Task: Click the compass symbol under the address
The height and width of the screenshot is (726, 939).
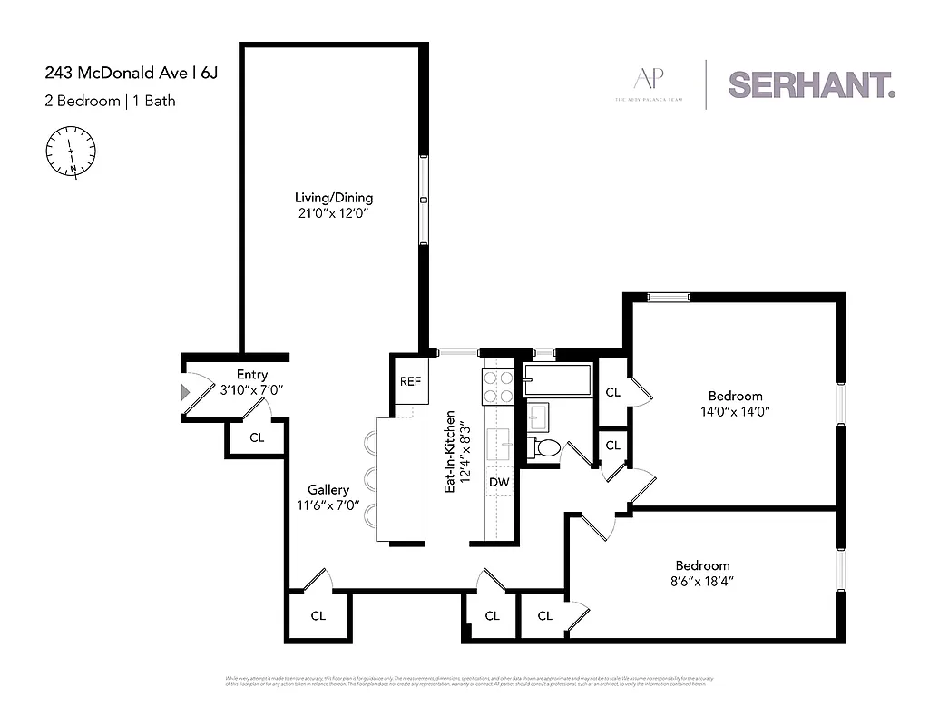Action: [70, 150]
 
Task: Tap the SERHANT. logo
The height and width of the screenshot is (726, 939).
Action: [811, 84]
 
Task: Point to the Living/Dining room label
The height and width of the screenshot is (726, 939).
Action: [333, 198]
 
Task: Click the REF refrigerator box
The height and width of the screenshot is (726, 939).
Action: [410, 381]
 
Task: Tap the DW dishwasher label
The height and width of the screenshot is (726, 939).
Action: [499, 483]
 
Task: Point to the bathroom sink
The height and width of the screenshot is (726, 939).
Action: [536, 417]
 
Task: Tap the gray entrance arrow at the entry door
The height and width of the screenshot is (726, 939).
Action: [186, 392]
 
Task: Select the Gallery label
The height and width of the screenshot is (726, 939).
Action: [328, 490]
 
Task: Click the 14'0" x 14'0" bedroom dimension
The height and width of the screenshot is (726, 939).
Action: [735, 411]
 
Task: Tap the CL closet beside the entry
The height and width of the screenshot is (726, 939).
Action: [257, 437]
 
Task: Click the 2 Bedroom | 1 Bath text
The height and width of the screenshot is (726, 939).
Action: [110, 101]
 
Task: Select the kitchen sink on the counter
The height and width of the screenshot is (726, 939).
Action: [499, 446]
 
